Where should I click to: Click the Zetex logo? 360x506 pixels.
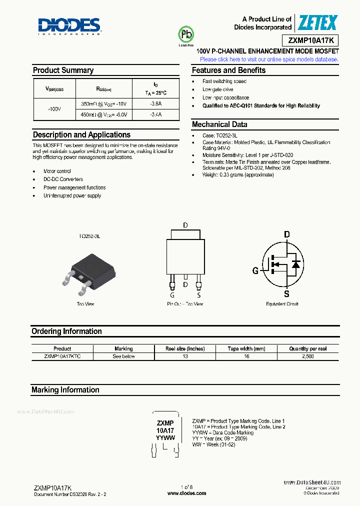318,22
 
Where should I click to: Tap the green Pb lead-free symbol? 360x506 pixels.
186,35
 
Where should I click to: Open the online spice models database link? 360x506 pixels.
269,59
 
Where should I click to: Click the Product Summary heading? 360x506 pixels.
63,70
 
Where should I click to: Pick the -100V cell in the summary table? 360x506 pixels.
54,109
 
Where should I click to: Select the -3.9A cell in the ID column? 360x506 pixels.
155,103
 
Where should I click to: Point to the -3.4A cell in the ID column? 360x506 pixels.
155,114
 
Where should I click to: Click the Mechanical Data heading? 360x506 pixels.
219,124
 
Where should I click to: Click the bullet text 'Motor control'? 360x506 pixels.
57,171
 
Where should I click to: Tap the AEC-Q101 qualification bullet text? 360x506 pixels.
261,106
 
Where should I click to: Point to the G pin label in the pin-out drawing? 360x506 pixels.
172,295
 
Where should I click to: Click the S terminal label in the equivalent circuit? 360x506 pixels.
286,293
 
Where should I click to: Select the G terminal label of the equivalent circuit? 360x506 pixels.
255,270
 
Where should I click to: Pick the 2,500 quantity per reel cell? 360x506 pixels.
308,356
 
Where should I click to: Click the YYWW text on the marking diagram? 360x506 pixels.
165,437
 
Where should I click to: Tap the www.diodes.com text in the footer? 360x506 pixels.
186,493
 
